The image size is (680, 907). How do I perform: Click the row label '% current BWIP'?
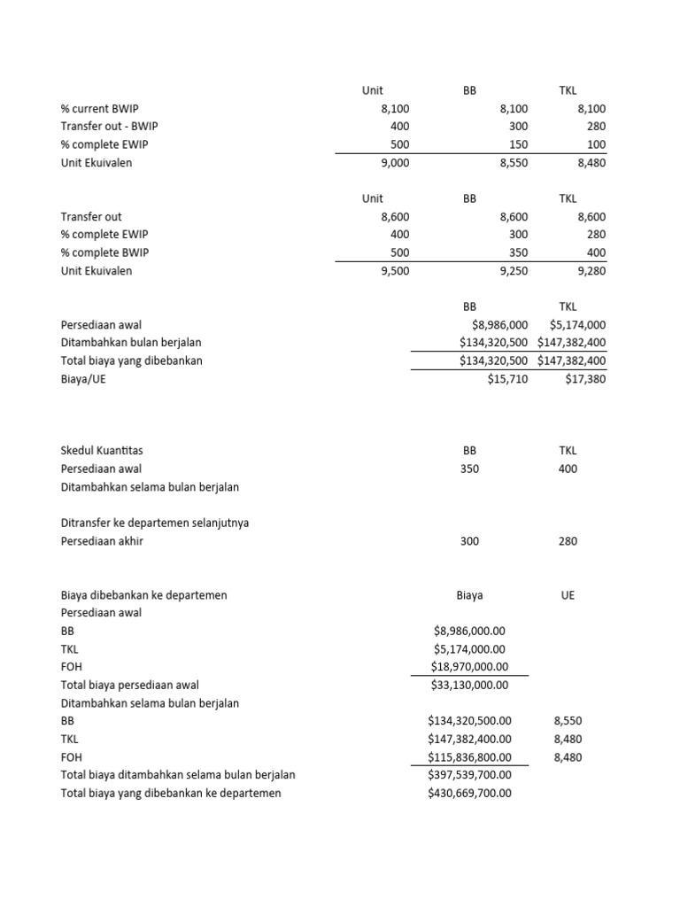pos(95,108)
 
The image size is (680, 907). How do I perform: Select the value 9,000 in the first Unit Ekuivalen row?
pos(393,163)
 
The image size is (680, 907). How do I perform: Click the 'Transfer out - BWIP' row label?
pos(109,127)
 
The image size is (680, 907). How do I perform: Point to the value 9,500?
pos(393,271)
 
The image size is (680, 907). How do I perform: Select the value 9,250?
pos(513,271)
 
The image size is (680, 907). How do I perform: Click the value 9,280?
pos(591,271)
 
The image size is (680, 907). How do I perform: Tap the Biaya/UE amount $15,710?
pos(507,379)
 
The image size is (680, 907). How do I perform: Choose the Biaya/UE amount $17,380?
pos(585,379)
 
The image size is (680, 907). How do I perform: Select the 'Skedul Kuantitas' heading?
pos(102,451)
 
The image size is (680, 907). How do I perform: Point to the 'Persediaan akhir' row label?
pos(101,541)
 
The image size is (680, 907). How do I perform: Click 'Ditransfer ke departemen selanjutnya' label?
pos(154,523)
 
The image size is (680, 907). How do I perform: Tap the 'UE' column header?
pos(568,595)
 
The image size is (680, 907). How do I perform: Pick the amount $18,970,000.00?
pos(469,667)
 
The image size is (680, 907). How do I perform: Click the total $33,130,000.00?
pos(469,685)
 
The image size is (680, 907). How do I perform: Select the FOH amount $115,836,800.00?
pos(469,757)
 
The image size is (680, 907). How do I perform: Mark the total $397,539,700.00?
pos(469,775)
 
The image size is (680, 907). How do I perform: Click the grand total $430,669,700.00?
pos(469,794)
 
